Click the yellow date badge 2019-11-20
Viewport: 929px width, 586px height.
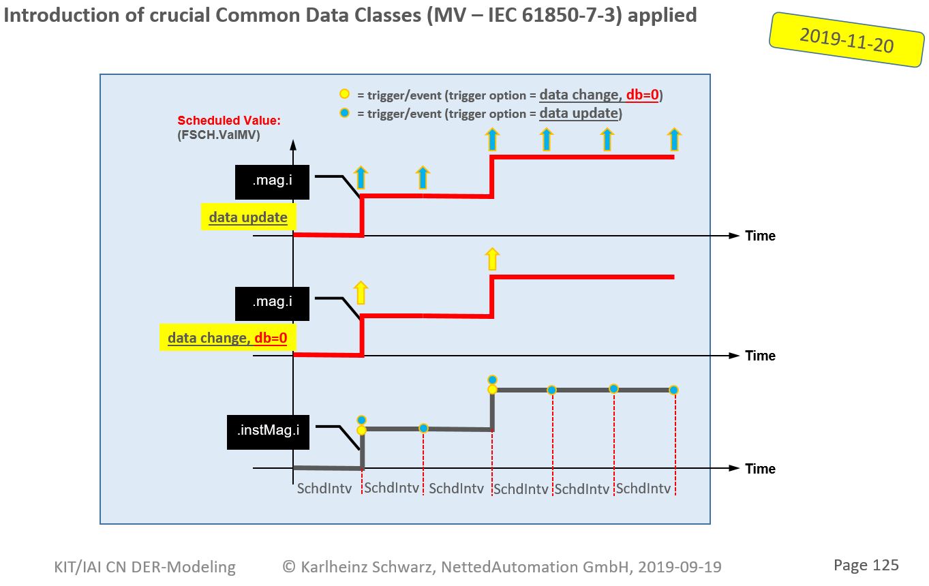point(847,40)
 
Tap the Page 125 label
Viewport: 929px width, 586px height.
point(866,565)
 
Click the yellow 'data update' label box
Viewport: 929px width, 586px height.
point(248,218)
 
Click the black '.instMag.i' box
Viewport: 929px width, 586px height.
point(268,430)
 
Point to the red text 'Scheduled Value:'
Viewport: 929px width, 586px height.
point(229,121)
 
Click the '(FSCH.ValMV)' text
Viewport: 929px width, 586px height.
point(219,134)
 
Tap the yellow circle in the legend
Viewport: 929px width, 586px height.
point(345,94)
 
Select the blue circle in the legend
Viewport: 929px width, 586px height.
point(345,112)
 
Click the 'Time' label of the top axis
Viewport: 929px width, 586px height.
point(760,236)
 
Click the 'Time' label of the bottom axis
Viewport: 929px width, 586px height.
point(760,469)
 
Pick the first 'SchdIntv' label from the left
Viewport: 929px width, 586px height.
point(324,489)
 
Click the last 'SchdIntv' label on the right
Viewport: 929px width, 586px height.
point(643,489)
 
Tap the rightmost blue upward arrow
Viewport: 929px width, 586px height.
point(674,140)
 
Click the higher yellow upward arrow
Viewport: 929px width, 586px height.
point(491,259)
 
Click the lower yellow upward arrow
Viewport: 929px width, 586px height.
point(361,292)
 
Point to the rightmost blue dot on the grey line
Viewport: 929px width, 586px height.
point(673,390)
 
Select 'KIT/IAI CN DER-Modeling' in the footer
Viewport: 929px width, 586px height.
point(144,567)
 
